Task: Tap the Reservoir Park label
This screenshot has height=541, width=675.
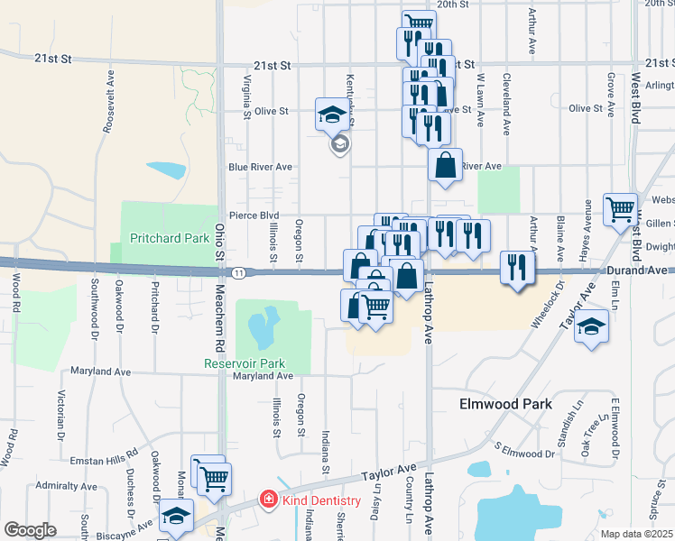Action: click(238, 363)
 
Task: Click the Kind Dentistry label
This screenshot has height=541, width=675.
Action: click(321, 500)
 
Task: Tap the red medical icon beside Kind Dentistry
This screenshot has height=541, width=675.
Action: click(268, 500)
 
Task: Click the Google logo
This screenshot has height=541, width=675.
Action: click(30, 530)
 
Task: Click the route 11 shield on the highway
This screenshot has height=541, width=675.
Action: click(237, 272)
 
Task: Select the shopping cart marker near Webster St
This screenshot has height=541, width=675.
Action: click(621, 209)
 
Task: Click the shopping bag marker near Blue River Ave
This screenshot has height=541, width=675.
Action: click(445, 165)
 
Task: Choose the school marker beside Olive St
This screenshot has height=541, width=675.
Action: click(331, 115)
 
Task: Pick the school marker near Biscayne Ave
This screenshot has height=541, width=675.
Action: click(176, 516)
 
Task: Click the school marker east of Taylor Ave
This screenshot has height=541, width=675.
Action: click(592, 326)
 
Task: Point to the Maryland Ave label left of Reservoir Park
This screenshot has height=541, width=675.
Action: click(100, 371)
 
